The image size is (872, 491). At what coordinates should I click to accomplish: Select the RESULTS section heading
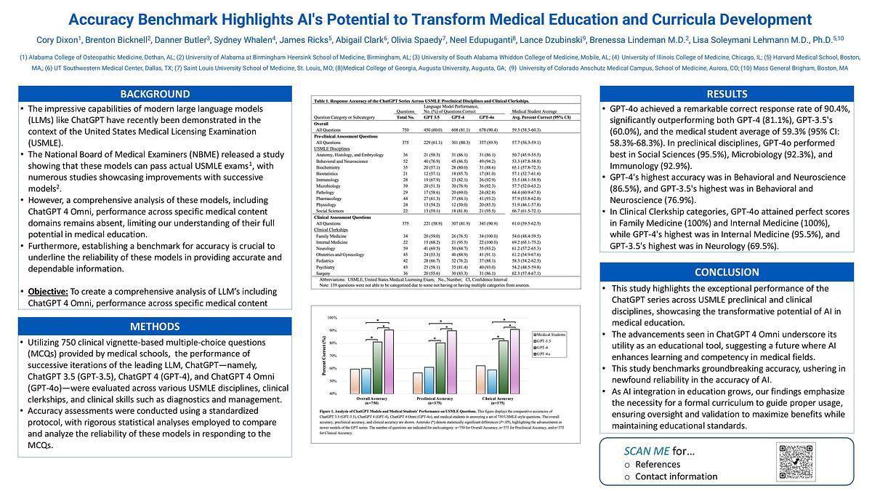click(x=727, y=94)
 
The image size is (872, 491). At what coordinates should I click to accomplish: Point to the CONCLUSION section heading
click(x=727, y=272)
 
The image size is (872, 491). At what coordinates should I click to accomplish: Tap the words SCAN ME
click(x=637, y=451)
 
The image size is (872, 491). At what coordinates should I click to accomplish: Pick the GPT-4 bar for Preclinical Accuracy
click(x=440, y=367)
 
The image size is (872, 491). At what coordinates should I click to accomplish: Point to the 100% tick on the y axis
click(x=332, y=318)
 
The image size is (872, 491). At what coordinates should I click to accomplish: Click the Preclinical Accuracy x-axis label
click(x=432, y=399)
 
